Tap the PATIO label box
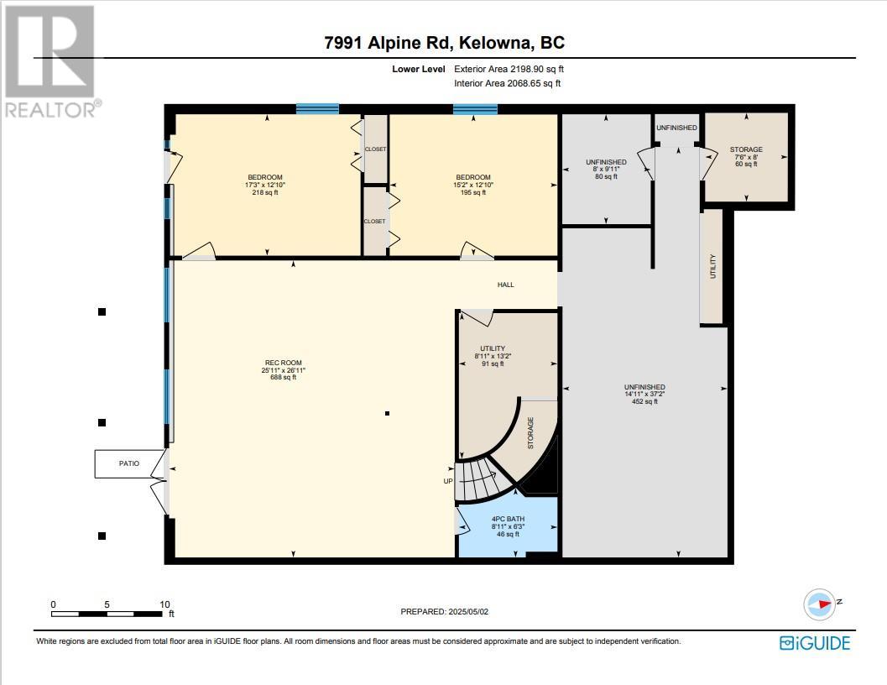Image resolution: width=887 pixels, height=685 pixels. (128, 463)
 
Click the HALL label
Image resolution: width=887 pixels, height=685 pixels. (505, 285)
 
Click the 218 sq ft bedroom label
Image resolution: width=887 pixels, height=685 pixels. (263, 185)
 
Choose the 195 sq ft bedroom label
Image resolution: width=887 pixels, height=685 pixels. (472, 185)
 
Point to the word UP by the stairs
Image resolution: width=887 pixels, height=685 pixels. (448, 481)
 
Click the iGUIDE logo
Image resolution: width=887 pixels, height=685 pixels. (814, 643)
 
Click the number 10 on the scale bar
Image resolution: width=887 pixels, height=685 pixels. (164, 604)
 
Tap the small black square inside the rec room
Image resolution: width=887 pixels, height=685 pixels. (387, 413)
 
